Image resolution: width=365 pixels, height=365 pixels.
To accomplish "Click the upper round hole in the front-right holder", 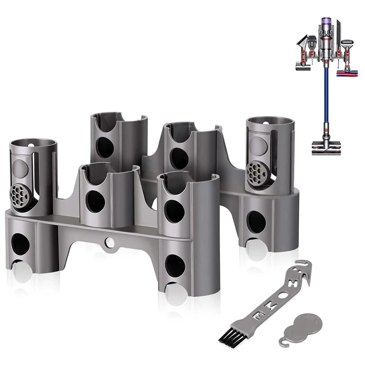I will [175, 211].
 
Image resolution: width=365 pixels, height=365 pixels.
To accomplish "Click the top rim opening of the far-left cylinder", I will [33, 144].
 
